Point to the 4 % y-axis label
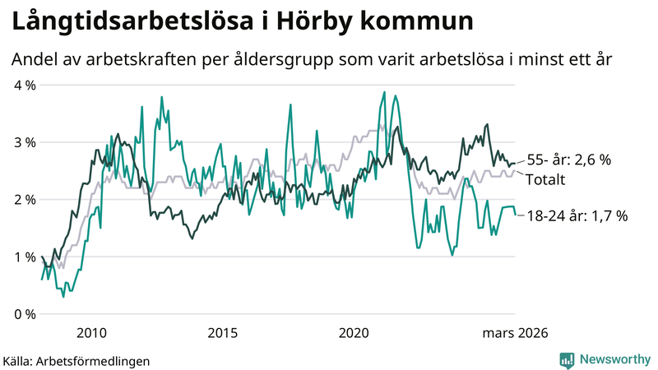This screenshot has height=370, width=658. point(24,85)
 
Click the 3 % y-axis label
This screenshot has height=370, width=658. point(24,142)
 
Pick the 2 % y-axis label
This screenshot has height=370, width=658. point(24,200)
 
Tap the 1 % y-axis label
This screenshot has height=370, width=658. point(24,257)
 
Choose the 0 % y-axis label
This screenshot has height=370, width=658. point(24,314)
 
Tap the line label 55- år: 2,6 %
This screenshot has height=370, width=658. point(569,160)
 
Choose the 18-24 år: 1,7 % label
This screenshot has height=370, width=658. point(577,215)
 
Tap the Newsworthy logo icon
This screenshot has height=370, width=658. point(567,359)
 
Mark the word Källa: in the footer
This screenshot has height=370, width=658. point(17,360)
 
